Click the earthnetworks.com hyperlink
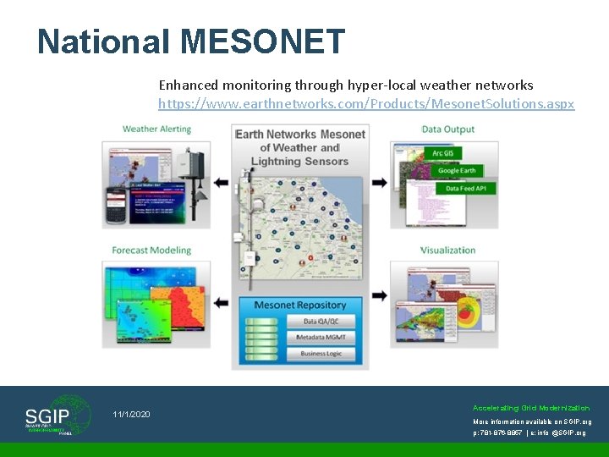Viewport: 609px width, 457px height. pyautogui.click(x=366, y=104)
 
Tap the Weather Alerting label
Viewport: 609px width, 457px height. pyautogui.click(x=156, y=129)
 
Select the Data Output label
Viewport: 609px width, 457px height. pyautogui.click(x=448, y=129)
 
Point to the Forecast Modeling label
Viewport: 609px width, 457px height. pyautogui.click(x=151, y=251)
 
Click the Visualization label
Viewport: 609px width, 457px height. pyautogui.click(x=448, y=251)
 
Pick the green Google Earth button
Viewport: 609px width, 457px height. pyautogui.click(x=458, y=171)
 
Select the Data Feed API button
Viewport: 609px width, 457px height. pyautogui.click(x=464, y=189)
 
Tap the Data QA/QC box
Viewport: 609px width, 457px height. pyautogui.click(x=321, y=322)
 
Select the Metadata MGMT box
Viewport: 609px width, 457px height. pyautogui.click(x=321, y=338)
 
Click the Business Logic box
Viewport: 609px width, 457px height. pyautogui.click(x=321, y=354)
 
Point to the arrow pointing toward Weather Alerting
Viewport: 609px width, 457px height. pyautogui.click(x=221, y=182)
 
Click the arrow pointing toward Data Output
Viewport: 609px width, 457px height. pyautogui.click(x=380, y=182)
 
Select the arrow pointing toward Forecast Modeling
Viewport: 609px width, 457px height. pyautogui.click(x=221, y=301)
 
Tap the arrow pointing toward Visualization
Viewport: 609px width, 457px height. pyautogui.click(x=380, y=296)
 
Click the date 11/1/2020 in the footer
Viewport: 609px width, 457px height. pyautogui.click(x=131, y=414)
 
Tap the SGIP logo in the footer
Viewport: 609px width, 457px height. pyautogui.click(x=57, y=416)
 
